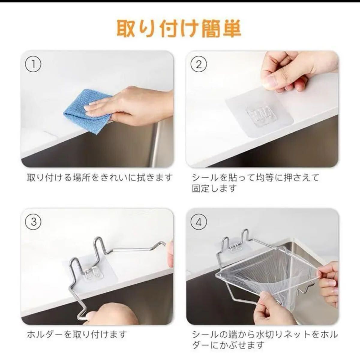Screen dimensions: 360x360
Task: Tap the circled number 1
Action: coord(33,64)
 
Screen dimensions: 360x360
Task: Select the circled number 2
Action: coord(199,64)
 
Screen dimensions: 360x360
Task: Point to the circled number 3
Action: coord(33,222)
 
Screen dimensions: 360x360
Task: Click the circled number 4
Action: coord(199,222)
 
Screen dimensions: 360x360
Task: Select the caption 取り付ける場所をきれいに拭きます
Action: coord(99,178)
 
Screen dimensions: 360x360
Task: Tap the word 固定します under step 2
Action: coord(214,188)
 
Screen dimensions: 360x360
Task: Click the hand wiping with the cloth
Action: coord(129,106)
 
